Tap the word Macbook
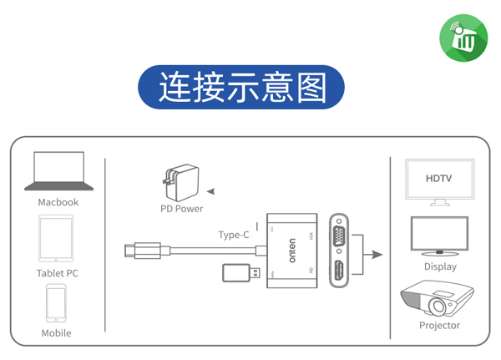pyautogui.click(x=58, y=202)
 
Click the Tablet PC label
pyautogui.click(x=58, y=273)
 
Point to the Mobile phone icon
pyautogui.click(x=56, y=302)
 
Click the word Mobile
pyautogui.click(x=57, y=333)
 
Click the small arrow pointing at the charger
pyautogui.click(x=210, y=190)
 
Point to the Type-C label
pyautogui.click(x=234, y=235)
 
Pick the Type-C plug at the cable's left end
pyautogui.click(x=127, y=249)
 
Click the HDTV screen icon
pyautogui.click(x=438, y=179)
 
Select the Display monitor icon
pyautogui.click(x=438, y=237)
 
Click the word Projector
pyautogui.click(x=439, y=326)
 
